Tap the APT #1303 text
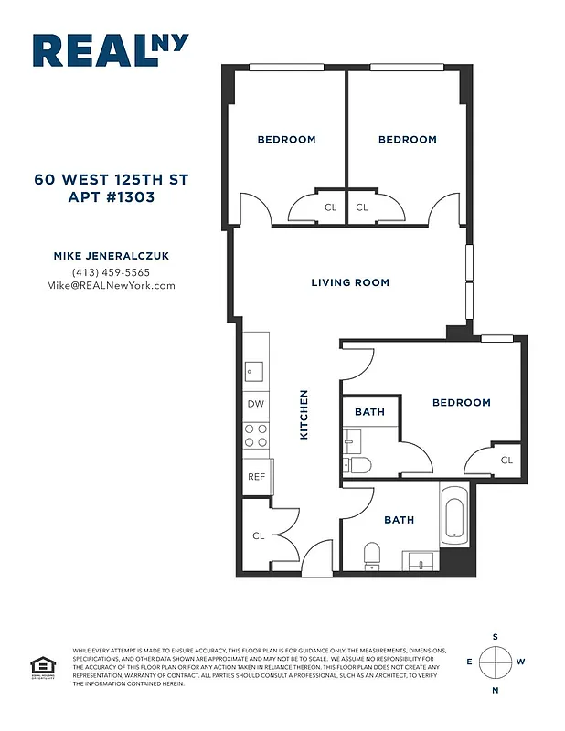(x=111, y=196)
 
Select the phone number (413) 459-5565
(x=111, y=272)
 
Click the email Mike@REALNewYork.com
(x=111, y=285)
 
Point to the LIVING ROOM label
(x=350, y=283)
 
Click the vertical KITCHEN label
(x=304, y=416)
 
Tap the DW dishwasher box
(x=255, y=404)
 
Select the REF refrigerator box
(x=256, y=476)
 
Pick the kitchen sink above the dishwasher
(x=254, y=371)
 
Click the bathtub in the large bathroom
(x=454, y=516)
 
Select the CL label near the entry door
(x=258, y=535)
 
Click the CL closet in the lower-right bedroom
(x=506, y=461)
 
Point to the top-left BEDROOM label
(x=286, y=140)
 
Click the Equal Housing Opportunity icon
(x=40, y=667)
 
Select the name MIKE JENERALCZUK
(x=111, y=257)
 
